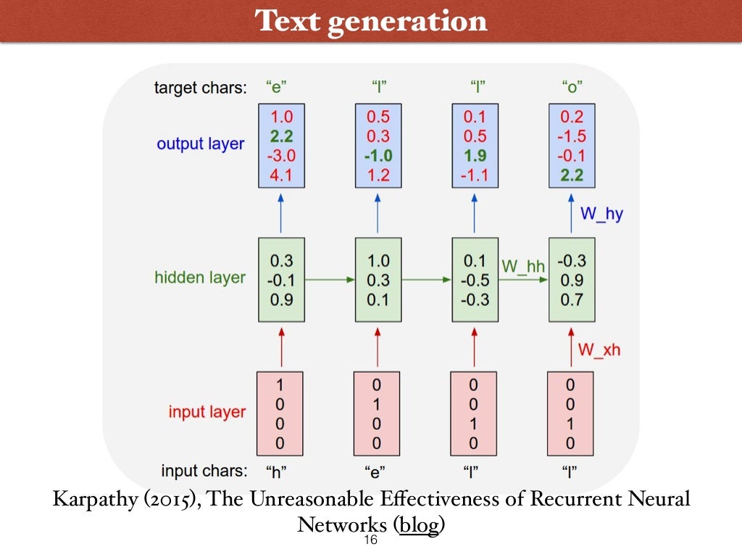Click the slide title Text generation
pos(371,21)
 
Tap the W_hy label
pos(601,214)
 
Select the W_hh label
pos(522,265)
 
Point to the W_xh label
pos(599,350)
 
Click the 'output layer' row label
pos(201,144)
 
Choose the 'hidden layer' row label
pos(200,278)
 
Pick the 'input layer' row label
pos(207,412)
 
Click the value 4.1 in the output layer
pos(281,175)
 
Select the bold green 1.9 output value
pos(475,155)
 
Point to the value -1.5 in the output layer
pos(572,136)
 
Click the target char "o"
pos(572,88)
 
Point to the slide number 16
pos(370,541)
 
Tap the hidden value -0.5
pos(475,279)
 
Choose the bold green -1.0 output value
pos(378,155)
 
